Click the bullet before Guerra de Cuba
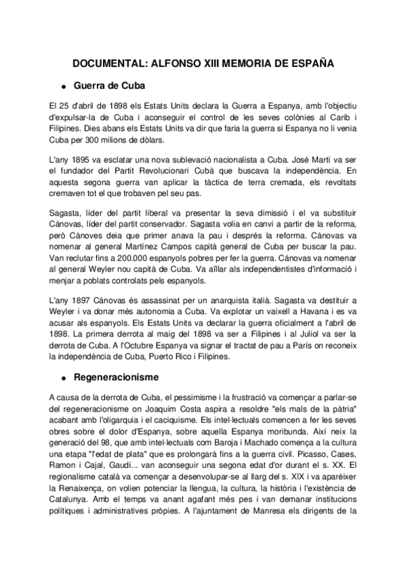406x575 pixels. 64,87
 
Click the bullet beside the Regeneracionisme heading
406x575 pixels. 64,377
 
